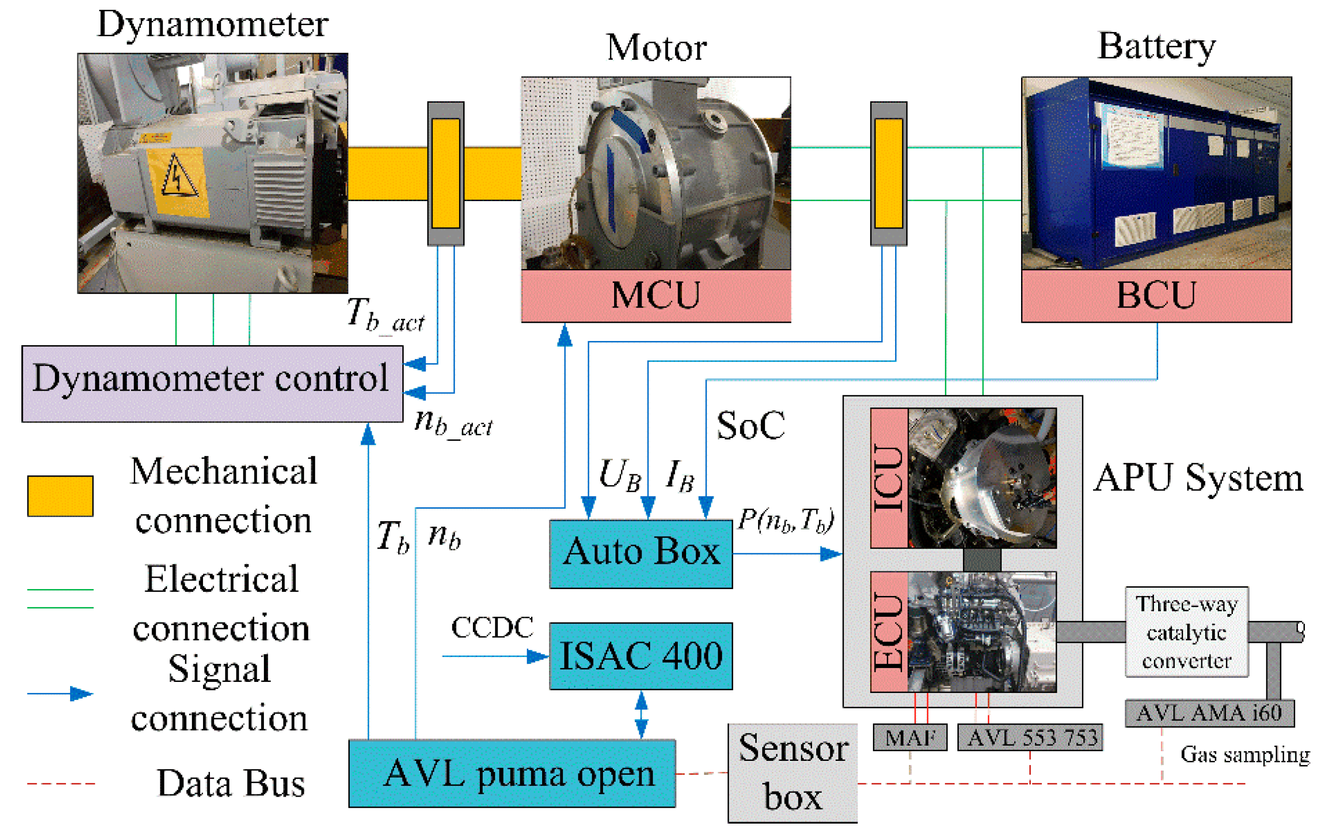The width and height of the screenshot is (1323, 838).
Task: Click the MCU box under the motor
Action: click(x=656, y=295)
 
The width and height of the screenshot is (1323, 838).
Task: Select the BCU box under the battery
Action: click(x=1157, y=295)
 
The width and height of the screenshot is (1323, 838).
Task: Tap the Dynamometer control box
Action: click(x=212, y=384)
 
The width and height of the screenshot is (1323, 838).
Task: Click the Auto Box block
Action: click(x=641, y=554)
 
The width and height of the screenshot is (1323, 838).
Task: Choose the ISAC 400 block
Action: click(x=641, y=656)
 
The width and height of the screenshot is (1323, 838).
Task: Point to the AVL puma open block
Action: click(x=512, y=773)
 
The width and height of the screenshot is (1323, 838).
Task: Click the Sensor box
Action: click(x=793, y=773)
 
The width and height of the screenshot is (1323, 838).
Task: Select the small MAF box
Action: click(x=910, y=737)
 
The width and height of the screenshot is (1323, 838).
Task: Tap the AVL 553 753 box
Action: click(x=1030, y=737)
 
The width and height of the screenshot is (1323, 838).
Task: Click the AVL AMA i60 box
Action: click(x=1210, y=713)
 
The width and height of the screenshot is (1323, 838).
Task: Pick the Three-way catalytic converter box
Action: click(x=1187, y=632)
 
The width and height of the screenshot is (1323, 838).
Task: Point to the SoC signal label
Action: click(x=751, y=426)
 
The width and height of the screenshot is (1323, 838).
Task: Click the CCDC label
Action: click(x=492, y=627)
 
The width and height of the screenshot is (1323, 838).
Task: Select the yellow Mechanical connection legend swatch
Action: click(x=60, y=496)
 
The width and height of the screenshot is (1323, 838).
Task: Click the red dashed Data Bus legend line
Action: click(x=61, y=783)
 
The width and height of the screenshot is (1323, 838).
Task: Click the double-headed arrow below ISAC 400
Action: click(x=641, y=714)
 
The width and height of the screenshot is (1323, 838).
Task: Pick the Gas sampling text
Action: click(x=1245, y=755)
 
